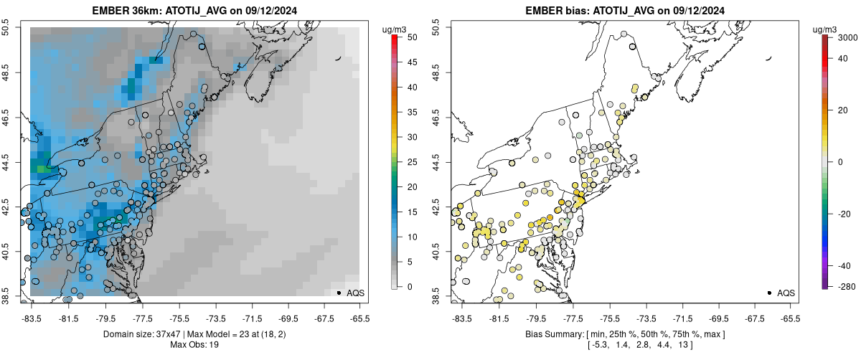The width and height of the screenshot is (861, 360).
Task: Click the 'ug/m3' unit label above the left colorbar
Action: click(x=395, y=29)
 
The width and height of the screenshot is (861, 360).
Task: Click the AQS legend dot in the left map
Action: click(x=338, y=293)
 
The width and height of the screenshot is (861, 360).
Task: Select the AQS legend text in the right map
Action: click(x=786, y=293)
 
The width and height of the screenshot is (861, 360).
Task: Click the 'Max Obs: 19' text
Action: click(x=195, y=345)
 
